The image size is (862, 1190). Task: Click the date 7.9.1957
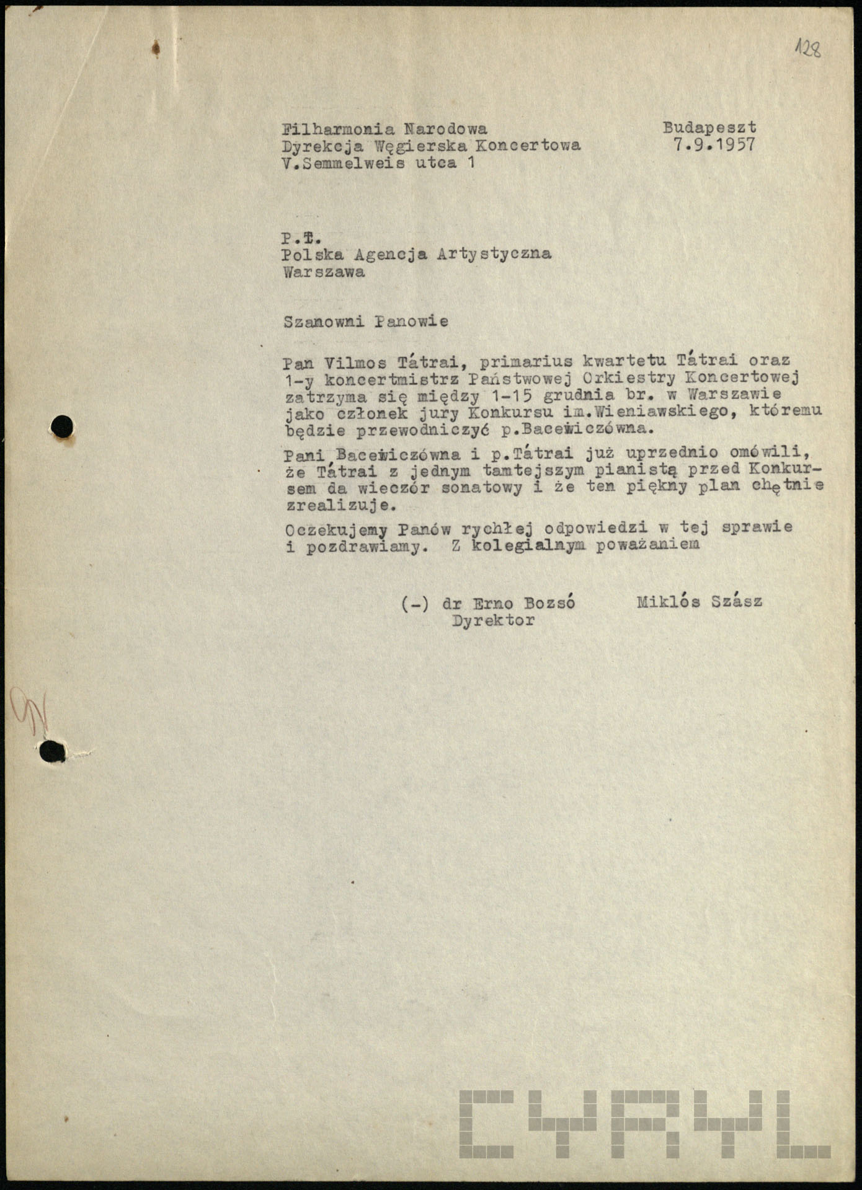click(x=714, y=145)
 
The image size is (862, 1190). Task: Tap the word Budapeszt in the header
click(x=709, y=128)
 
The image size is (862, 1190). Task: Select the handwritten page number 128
click(x=808, y=48)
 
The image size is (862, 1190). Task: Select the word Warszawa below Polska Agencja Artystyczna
click(x=324, y=272)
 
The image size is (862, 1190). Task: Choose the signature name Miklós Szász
click(x=699, y=601)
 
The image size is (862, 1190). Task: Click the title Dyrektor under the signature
click(x=493, y=620)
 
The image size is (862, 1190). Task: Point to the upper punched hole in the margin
click(x=62, y=426)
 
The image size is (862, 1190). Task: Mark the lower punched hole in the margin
click(x=53, y=751)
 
